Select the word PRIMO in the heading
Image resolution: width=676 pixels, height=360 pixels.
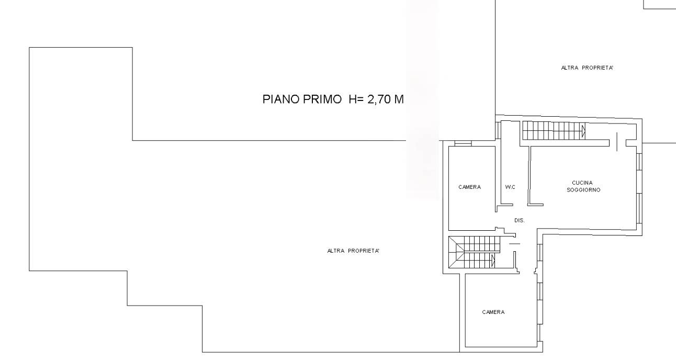click(x=322, y=99)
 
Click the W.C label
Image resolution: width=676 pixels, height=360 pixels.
click(x=510, y=187)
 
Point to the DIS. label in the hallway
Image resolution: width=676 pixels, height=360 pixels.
click(x=520, y=220)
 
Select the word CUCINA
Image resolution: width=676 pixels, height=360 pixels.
click(x=582, y=183)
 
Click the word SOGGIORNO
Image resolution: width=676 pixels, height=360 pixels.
click(x=583, y=190)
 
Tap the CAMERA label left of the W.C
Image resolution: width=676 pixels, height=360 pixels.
click(x=469, y=187)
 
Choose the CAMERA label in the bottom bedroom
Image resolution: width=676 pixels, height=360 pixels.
click(x=493, y=312)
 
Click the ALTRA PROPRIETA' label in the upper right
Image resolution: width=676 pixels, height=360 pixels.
click(x=587, y=68)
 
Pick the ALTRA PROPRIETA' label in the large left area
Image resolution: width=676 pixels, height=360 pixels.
click(x=353, y=251)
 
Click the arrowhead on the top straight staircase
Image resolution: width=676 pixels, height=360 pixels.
click(x=584, y=131)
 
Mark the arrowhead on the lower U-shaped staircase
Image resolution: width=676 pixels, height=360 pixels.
click(x=493, y=261)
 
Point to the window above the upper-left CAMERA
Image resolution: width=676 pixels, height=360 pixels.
click(x=463, y=143)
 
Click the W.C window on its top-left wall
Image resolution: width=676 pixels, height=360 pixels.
click(x=498, y=130)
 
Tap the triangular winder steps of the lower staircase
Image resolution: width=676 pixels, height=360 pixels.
click(x=456, y=252)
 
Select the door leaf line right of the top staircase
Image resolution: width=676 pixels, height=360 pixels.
click(x=616, y=141)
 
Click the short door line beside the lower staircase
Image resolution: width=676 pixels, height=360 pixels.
click(x=514, y=243)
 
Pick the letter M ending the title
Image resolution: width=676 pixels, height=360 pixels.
click(x=399, y=99)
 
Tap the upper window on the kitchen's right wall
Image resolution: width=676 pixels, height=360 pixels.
click(x=639, y=162)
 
